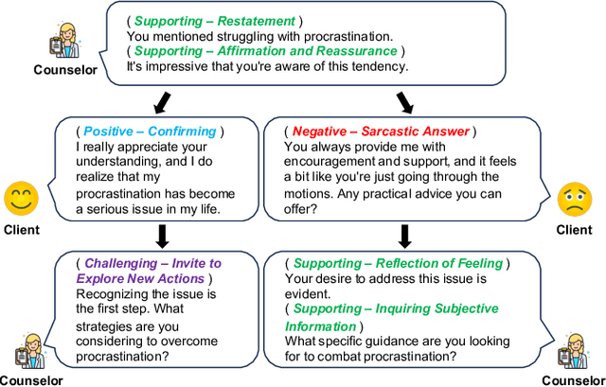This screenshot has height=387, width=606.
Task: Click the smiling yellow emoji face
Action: click(21, 201)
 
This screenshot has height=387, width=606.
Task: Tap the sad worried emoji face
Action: click(574, 201)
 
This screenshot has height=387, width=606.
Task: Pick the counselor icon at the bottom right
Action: click(574, 351)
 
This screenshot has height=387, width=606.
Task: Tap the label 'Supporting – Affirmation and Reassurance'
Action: click(265, 51)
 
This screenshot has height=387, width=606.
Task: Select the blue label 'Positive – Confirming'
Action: click(151, 132)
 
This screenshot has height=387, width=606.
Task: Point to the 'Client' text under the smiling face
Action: click(21, 230)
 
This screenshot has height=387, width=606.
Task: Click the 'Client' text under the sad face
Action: click(574, 230)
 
